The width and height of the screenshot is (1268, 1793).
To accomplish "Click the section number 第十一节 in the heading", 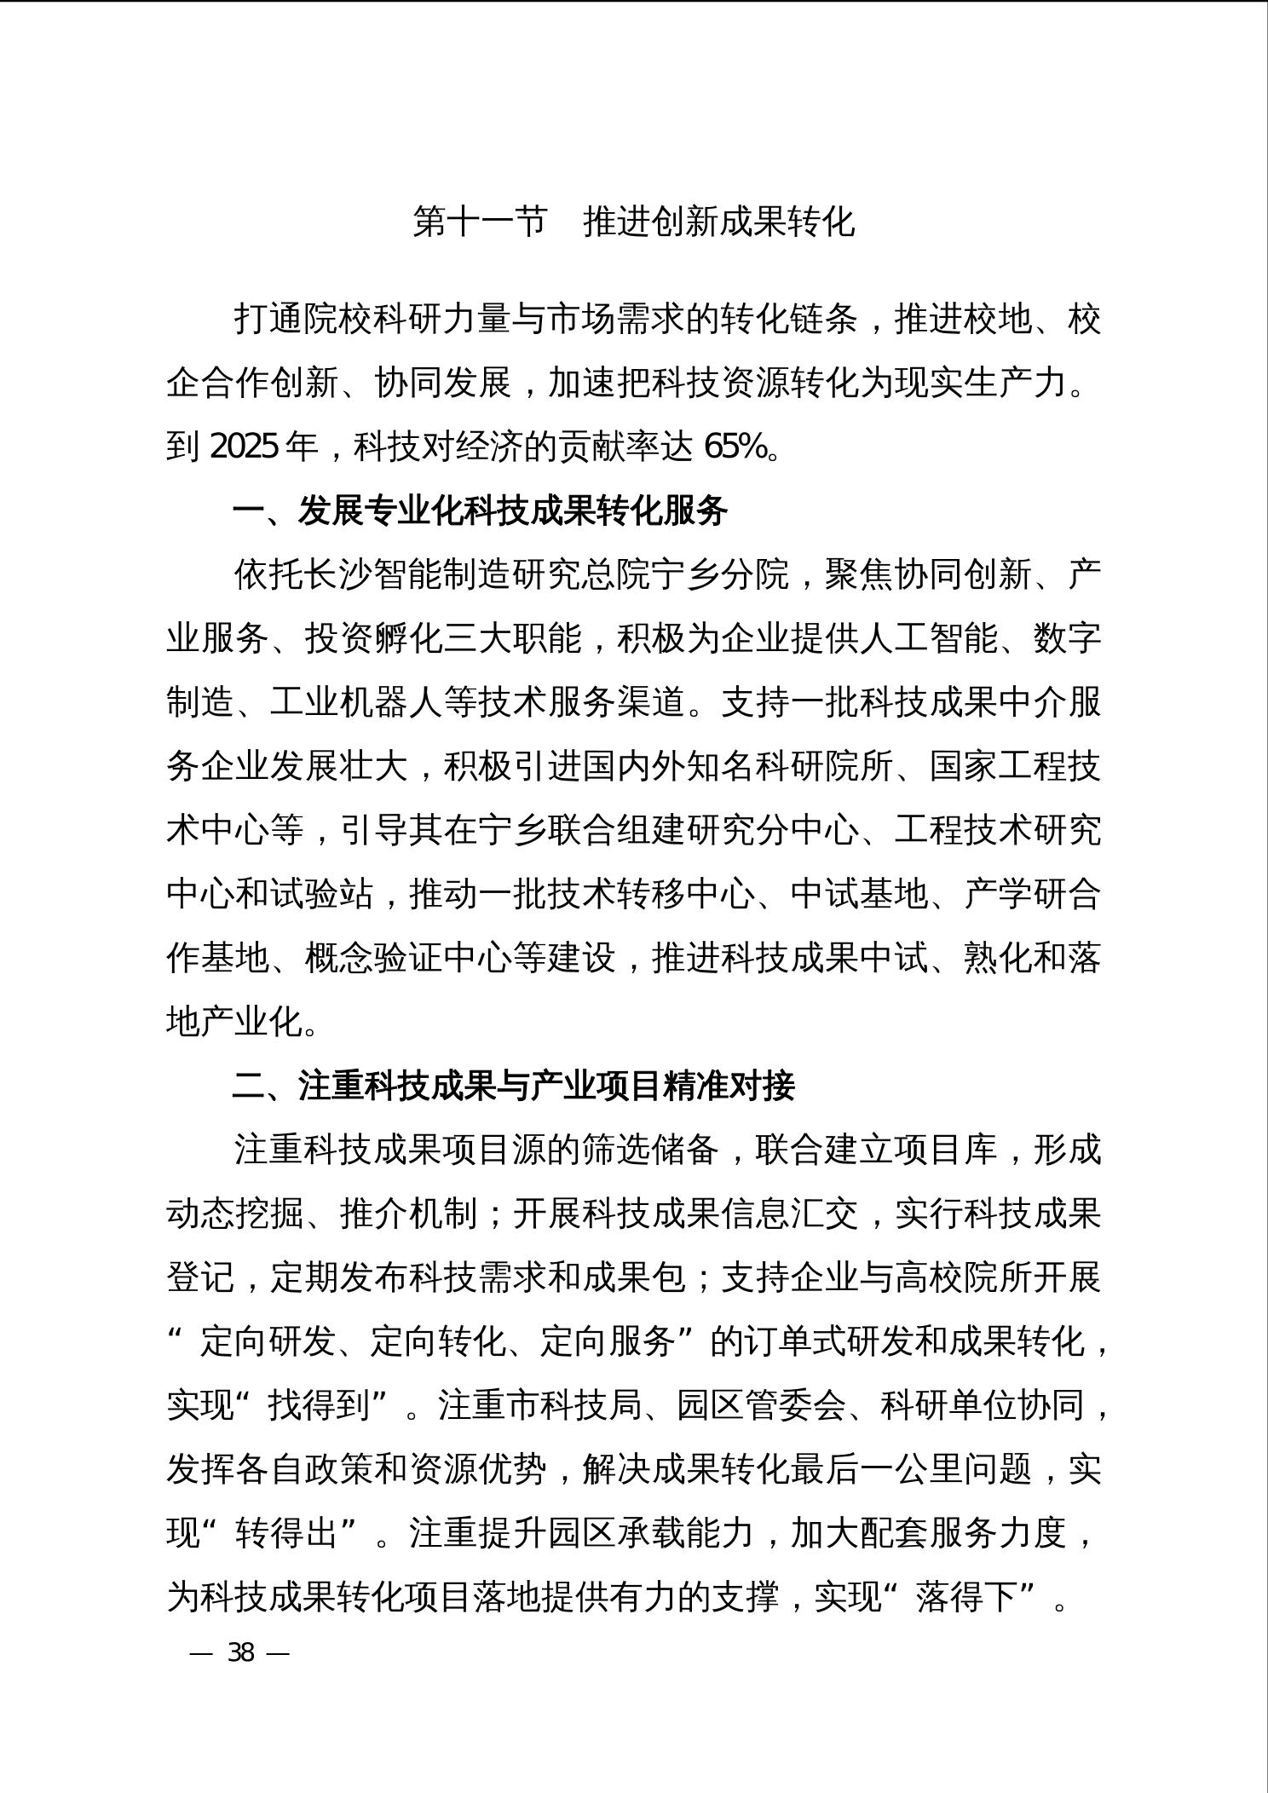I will point(478,222).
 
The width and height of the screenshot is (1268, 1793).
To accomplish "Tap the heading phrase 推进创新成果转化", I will point(718,222).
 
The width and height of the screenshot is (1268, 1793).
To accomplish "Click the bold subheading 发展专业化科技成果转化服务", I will point(512,510).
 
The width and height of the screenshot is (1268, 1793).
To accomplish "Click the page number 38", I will point(241,1653).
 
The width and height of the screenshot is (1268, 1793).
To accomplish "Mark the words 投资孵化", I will point(373,638).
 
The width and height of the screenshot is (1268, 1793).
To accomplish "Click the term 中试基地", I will point(859,894).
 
